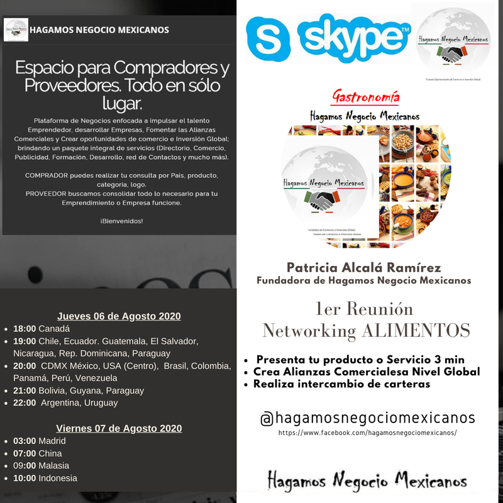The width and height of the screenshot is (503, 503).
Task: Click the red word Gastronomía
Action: pyautogui.click(x=365, y=97)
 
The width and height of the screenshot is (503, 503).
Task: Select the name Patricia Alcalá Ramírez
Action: pyautogui.click(x=363, y=267)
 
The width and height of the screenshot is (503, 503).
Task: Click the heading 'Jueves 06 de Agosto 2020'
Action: pyautogui.click(x=119, y=316)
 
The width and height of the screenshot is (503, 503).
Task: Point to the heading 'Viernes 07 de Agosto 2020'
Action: pyautogui.click(x=119, y=428)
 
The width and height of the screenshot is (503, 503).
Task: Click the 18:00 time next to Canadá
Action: pyautogui.click(x=25, y=329)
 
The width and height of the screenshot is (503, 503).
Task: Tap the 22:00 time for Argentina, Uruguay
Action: pyautogui.click(x=25, y=402)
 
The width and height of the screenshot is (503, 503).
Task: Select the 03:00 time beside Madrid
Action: pyautogui.click(x=25, y=441)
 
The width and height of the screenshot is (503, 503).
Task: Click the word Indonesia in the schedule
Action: pyautogui.click(x=58, y=478)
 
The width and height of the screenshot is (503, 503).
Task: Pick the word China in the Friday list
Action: pyautogui.click(x=50, y=453)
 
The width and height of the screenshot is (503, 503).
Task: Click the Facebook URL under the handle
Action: pyautogui.click(x=368, y=433)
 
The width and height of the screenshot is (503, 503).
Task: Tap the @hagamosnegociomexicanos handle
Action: pyautogui.click(x=368, y=418)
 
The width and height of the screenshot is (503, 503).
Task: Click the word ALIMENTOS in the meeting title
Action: pyautogui.click(x=419, y=330)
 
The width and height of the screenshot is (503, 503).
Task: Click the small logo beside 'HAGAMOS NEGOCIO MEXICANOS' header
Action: pyautogui.click(x=16, y=30)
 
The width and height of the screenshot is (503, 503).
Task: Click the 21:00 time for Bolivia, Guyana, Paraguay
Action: pyautogui.click(x=25, y=390)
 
